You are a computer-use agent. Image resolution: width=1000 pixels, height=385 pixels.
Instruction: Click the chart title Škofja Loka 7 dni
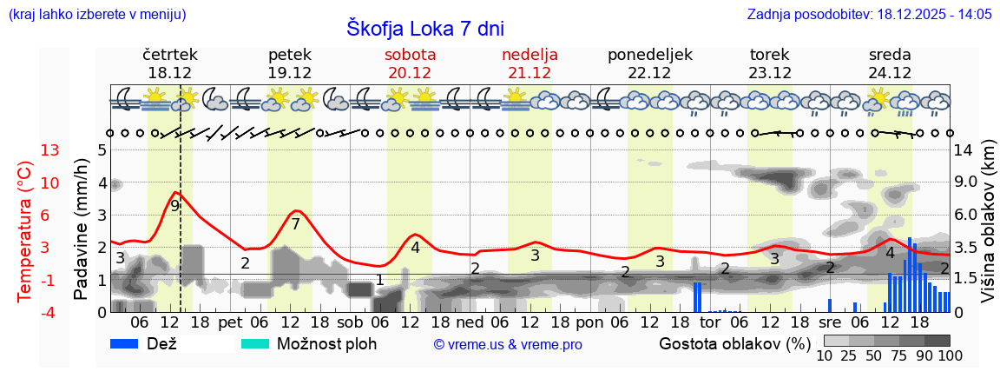(425, 28)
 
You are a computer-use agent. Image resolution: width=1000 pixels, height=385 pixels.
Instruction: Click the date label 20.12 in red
(410, 73)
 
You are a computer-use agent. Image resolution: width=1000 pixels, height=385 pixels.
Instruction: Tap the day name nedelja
(530, 54)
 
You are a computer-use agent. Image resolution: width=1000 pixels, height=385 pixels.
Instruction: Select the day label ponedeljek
(649, 54)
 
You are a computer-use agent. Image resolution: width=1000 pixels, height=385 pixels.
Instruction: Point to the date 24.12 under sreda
(890, 73)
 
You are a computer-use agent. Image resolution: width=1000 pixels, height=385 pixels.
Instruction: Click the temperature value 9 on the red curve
(175, 206)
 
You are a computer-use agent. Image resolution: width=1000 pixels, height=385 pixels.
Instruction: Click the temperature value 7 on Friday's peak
(295, 224)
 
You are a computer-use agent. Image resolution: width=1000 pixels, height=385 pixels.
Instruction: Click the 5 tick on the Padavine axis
(102, 150)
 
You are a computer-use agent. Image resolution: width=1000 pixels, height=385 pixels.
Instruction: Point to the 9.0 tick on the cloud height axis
(967, 183)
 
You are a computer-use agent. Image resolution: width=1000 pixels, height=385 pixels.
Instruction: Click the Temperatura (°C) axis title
(24, 230)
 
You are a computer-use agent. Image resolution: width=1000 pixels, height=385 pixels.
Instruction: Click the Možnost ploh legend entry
(326, 344)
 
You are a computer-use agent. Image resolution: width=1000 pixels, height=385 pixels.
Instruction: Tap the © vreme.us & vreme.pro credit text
(508, 345)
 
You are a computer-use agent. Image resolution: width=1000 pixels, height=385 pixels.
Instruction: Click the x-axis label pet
(230, 322)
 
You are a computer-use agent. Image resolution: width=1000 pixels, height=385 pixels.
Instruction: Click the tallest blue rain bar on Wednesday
(909, 275)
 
